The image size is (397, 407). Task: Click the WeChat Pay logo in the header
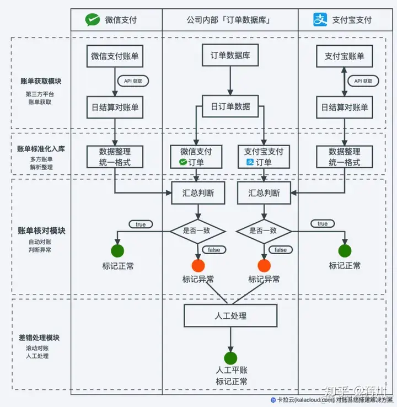93,20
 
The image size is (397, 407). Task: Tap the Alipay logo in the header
320,19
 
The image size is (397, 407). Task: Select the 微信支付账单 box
115,56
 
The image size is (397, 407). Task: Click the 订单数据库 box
230,55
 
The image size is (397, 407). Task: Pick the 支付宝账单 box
344,56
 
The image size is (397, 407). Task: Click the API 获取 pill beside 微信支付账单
133,81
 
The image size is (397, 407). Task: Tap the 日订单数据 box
230,106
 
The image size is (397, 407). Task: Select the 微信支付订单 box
196,157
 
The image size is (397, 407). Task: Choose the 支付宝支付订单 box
264,157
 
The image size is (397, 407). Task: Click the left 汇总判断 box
198,193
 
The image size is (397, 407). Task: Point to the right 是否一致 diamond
264,231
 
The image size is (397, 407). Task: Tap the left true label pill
141,224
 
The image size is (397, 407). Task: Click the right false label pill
280,250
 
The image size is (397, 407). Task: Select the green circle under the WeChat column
117,251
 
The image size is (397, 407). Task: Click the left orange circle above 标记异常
198,265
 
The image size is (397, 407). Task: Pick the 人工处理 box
230,315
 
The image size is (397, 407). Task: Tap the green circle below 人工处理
230,358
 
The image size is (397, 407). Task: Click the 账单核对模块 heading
41,231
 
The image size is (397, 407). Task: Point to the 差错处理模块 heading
39,338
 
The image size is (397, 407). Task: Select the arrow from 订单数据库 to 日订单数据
230,81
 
